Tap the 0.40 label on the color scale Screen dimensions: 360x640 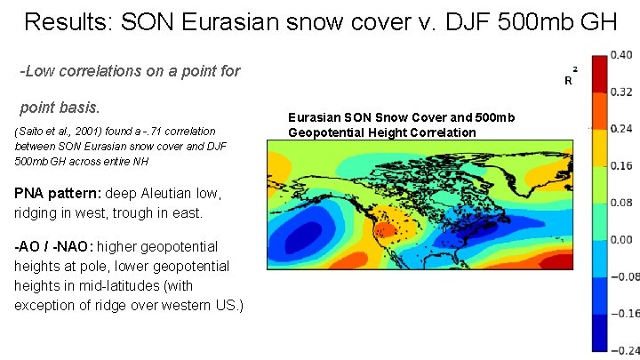pyautogui.click(x=621, y=55)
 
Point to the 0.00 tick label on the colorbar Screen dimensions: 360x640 pyautogui.click(x=621, y=240)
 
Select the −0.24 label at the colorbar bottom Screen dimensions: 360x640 pyautogui.click(x=621, y=350)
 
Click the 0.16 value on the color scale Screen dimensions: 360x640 pyautogui.click(x=621, y=166)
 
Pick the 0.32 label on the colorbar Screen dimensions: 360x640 pyautogui.click(x=621, y=92)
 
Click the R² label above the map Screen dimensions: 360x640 pyautogui.click(x=570, y=77)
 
